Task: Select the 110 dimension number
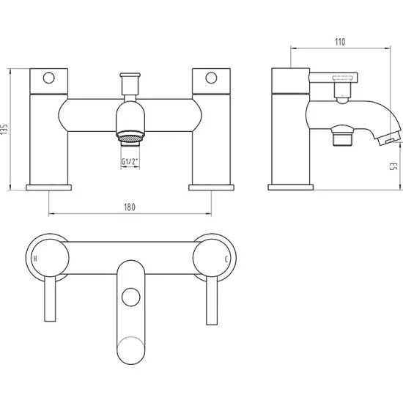(x=339, y=42)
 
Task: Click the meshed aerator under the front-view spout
(x=130, y=136)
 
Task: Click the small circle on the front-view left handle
(x=49, y=76)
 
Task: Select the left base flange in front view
(x=48, y=187)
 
